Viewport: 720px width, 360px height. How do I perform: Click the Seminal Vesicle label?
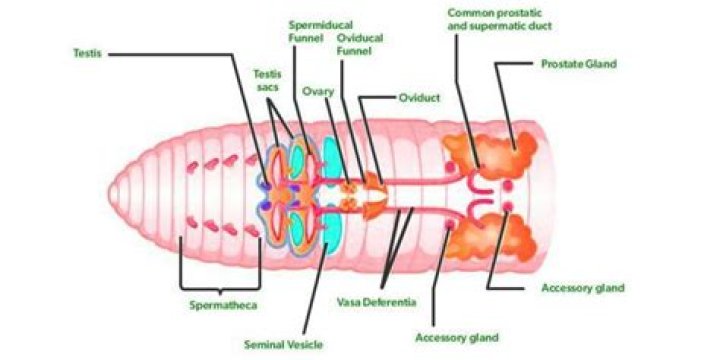click(283, 345)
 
